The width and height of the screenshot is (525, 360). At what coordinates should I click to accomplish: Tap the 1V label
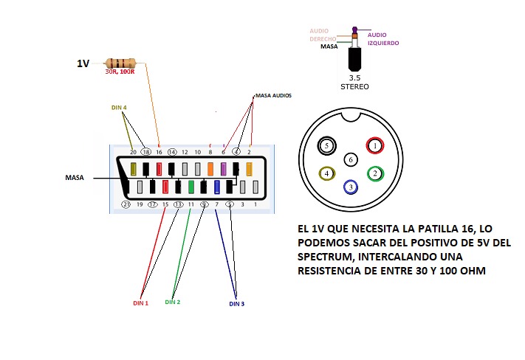coord(83,64)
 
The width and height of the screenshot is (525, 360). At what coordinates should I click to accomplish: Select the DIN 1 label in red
coord(140,302)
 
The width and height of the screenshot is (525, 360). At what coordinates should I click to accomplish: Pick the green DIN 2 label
coord(174,302)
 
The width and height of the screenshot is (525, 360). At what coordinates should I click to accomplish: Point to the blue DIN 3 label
coord(237,302)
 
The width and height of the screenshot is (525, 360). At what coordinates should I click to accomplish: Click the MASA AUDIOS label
coord(273,96)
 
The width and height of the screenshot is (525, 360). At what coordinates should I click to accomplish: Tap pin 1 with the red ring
coord(375,146)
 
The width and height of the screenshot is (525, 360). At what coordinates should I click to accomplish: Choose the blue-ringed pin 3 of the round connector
coord(351,187)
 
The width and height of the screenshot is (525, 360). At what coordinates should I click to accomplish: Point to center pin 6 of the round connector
coord(351,159)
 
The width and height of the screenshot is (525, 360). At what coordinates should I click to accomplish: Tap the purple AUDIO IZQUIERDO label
coord(382,38)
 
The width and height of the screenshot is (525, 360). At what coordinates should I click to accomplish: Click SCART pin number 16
coord(159,151)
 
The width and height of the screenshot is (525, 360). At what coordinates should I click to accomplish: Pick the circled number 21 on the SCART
coord(126,204)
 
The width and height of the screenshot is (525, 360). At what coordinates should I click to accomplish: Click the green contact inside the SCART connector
coord(191,187)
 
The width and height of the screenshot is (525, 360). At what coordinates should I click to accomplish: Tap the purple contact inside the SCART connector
coord(224,169)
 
